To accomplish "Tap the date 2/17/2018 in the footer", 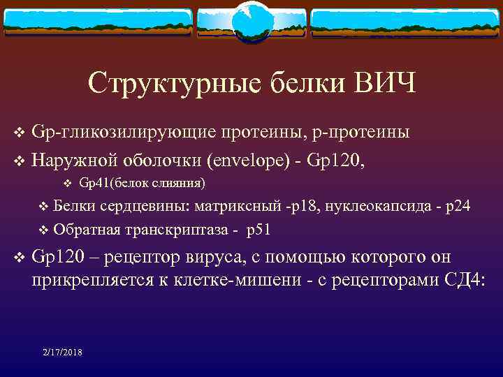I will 61,353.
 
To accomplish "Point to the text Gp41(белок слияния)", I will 143,184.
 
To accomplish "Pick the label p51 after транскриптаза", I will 259,229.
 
